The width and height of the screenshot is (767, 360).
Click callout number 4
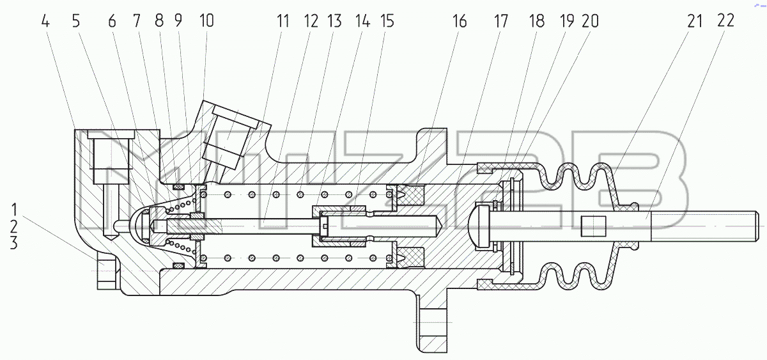pyautogui.click(x=45, y=22)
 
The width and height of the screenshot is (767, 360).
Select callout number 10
pyautogui.click(x=206, y=21)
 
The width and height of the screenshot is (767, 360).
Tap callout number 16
pyautogui.click(x=460, y=22)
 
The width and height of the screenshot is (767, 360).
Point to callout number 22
pyautogui.click(x=725, y=21)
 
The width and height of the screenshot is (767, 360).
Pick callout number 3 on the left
pyautogui.click(x=13, y=243)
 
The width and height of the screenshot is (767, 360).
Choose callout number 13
pyautogui.click(x=334, y=22)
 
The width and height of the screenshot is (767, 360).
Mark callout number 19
pyautogui.click(x=567, y=22)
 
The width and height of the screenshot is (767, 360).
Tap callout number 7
pyautogui.click(x=137, y=22)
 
